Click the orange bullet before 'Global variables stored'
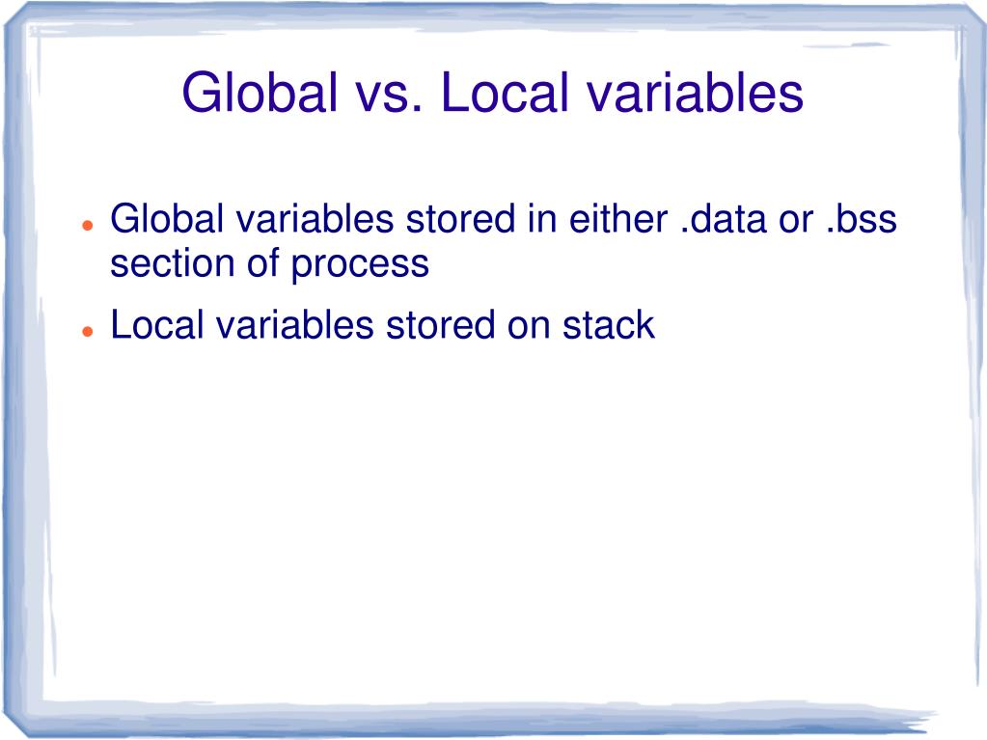point(87,224)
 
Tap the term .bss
point(861,220)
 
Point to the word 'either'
point(612,220)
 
